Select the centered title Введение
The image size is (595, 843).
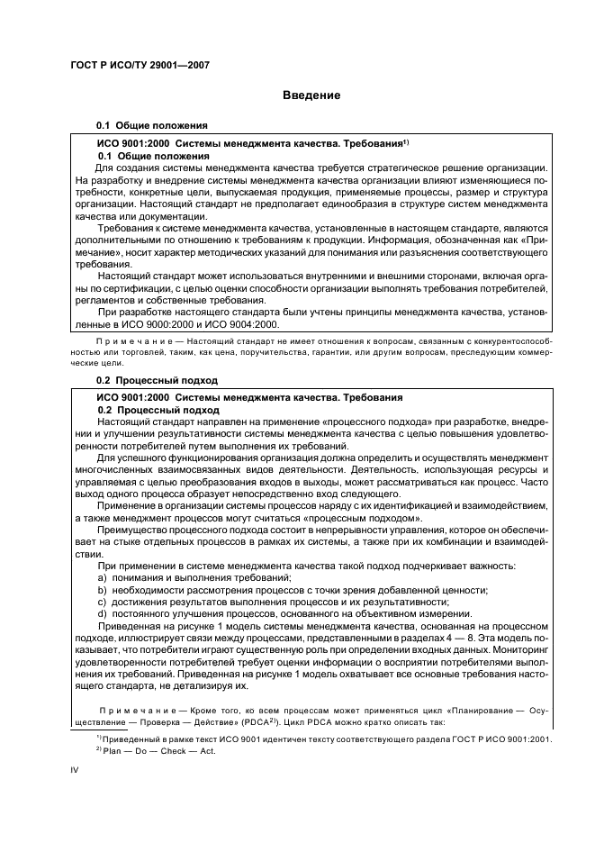pos(311,95)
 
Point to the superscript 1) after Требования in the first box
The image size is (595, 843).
pos(406,141)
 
